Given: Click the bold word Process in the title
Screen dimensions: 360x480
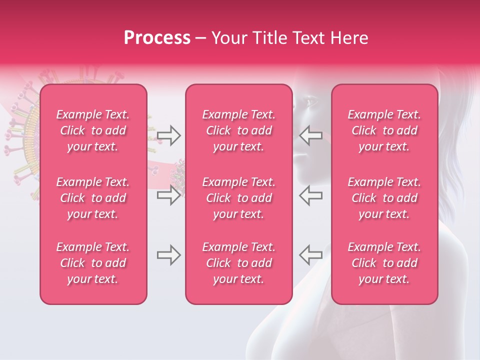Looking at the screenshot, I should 157,38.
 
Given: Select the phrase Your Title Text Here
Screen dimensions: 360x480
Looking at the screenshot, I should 290,38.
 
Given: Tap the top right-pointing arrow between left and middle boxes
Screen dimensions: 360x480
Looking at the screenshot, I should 169,135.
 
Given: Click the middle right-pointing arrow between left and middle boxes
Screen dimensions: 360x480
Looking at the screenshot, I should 169,195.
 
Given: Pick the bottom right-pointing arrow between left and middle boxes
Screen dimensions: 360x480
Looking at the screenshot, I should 169,255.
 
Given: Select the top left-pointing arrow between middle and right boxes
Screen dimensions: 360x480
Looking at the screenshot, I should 311,135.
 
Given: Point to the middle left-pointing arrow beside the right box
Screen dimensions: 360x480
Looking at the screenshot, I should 311,195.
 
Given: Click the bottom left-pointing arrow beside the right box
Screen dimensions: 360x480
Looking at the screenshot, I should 311,255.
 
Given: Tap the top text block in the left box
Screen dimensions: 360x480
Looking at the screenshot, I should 93,130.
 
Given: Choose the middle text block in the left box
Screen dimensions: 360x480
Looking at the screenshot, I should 93,198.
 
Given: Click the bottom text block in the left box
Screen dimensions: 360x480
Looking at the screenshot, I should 93,263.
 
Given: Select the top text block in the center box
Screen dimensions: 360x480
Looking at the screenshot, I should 238,130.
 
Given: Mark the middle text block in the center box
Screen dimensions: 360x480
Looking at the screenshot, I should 238,198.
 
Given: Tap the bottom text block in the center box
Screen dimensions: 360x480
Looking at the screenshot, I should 238,263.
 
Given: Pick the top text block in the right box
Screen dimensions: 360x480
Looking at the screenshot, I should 384,130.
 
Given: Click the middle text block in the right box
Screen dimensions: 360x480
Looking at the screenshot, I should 384,198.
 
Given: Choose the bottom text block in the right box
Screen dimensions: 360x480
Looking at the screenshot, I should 384,263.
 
